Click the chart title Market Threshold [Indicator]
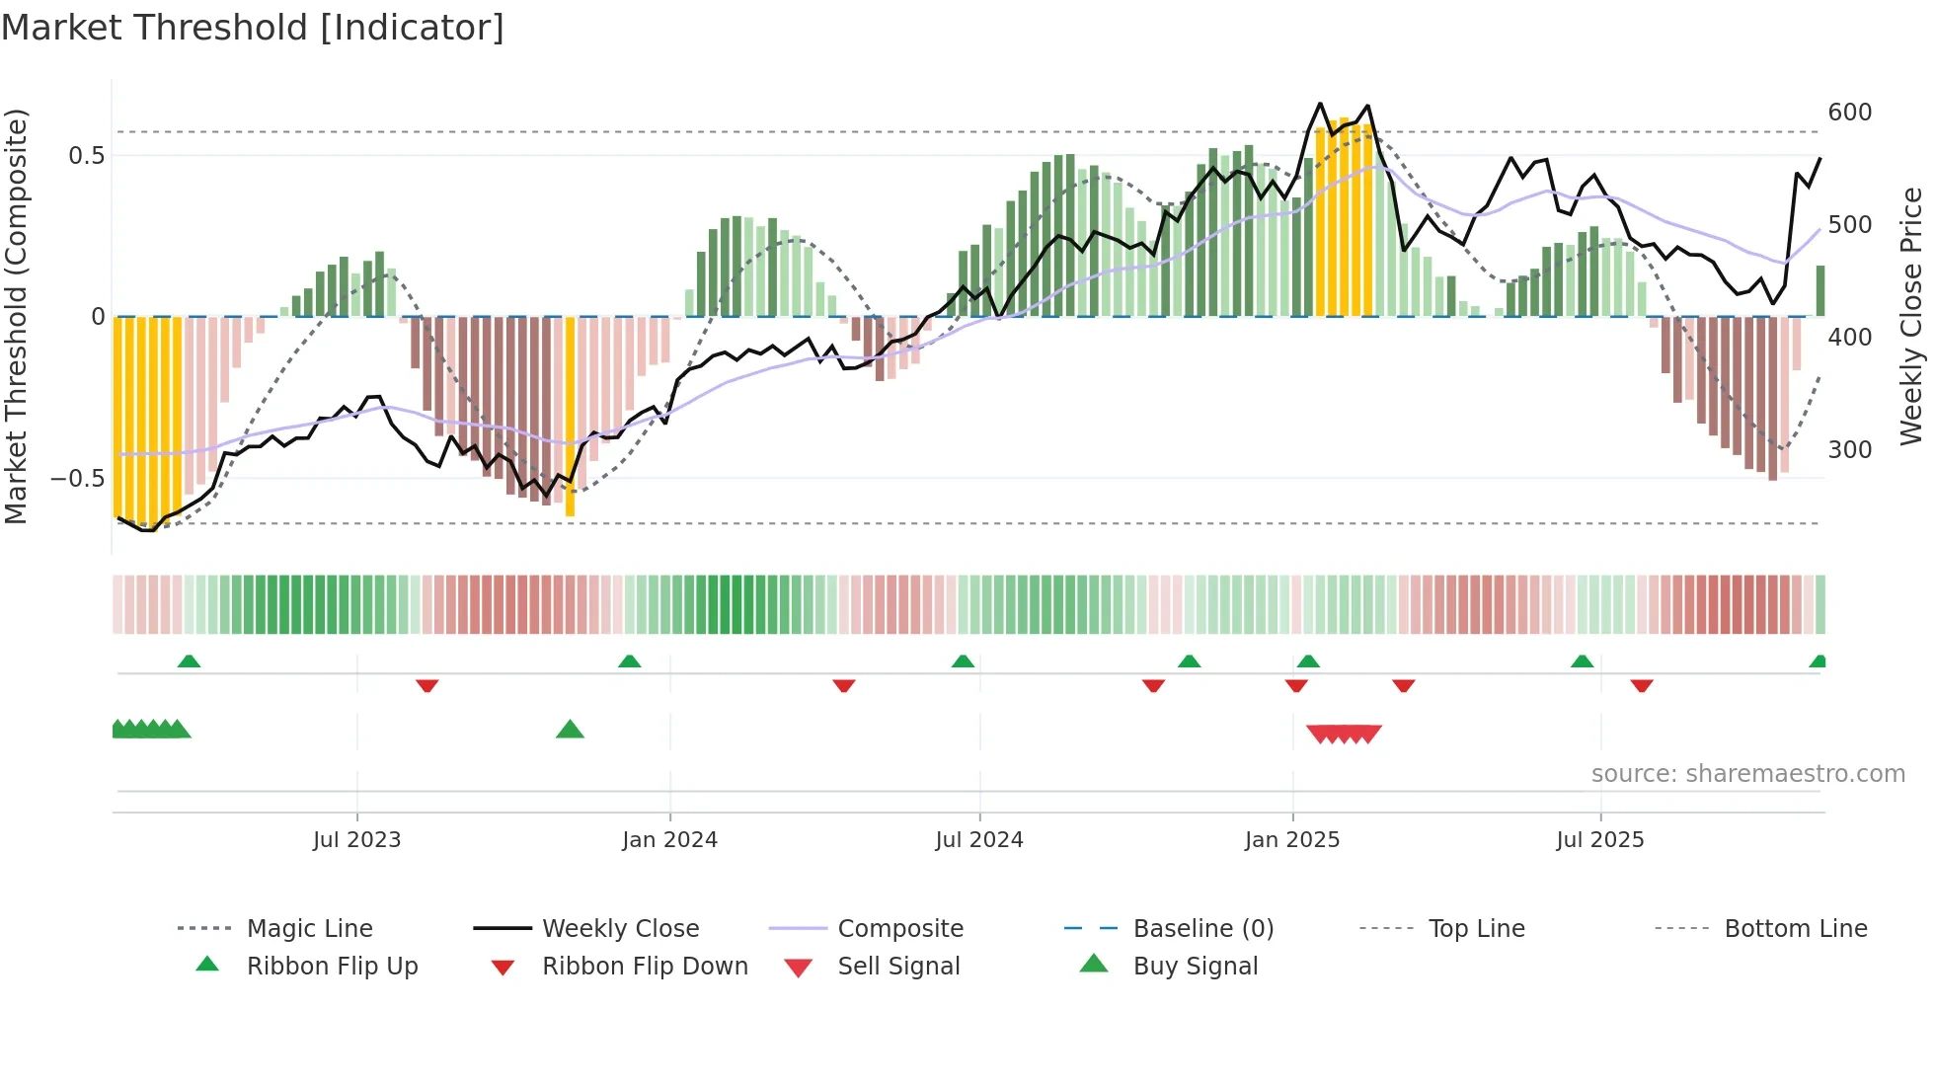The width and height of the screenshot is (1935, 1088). point(253,28)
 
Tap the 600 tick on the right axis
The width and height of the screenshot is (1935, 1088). point(1849,113)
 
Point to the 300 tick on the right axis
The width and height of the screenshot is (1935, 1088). point(1849,450)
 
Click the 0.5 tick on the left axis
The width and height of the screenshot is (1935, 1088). point(86,156)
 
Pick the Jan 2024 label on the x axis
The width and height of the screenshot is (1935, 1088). point(669,840)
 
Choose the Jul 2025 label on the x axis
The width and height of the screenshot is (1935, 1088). point(1599,840)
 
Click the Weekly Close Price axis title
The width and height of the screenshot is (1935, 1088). point(1911,316)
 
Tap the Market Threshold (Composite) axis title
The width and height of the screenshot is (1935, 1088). point(16,316)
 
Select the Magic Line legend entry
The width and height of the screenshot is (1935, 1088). point(309,929)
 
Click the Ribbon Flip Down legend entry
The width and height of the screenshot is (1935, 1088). point(644,967)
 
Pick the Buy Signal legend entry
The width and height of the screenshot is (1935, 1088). point(1195,967)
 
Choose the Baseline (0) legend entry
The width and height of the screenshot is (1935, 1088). point(1202,929)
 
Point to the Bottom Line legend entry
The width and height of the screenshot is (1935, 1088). point(1795,929)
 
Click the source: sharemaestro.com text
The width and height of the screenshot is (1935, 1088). point(1747,774)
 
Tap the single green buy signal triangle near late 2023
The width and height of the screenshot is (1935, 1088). point(570,731)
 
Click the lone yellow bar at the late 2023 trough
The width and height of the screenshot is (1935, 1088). point(570,415)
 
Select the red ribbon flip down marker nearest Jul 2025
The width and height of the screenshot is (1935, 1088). point(1642,685)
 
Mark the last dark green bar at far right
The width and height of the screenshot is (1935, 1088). point(1819,291)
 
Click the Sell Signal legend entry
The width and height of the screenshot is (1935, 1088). point(897,967)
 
